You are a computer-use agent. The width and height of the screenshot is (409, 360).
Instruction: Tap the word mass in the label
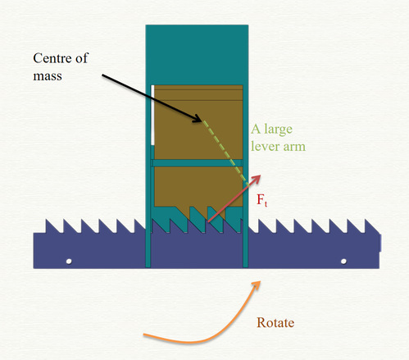coord(48,76)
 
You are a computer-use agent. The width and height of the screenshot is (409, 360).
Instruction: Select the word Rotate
coord(275,323)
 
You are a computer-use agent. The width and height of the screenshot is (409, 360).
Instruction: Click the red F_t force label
coord(261,200)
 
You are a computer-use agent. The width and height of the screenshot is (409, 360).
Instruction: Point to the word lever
coord(265,146)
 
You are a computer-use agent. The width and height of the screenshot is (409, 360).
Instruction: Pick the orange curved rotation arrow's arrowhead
coord(256,285)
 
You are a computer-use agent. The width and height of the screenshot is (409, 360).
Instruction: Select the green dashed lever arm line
coord(226,153)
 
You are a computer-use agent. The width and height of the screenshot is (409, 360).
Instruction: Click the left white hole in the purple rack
coord(69,262)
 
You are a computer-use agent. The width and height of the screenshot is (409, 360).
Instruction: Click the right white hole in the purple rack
coord(343,262)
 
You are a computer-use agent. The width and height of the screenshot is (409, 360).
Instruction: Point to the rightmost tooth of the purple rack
coord(370,226)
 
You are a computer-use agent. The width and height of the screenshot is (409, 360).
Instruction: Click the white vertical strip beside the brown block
coord(152,115)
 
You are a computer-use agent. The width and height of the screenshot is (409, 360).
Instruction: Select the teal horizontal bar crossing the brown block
coord(197,163)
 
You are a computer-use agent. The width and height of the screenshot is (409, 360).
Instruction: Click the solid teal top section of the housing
coord(197,55)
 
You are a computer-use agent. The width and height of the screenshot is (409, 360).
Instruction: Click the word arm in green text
coord(294,147)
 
